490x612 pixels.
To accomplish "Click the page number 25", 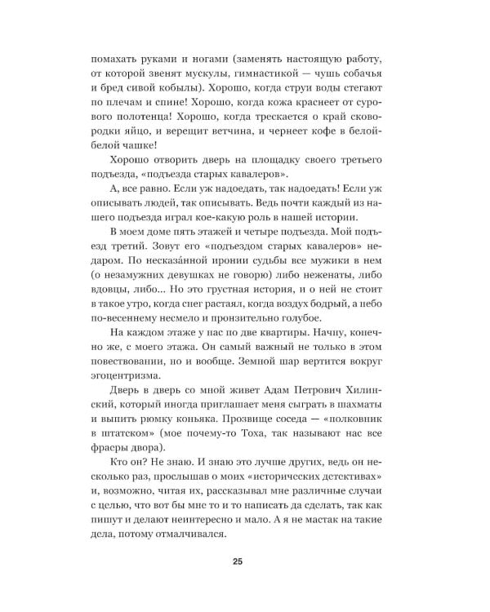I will coord(237,561).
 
